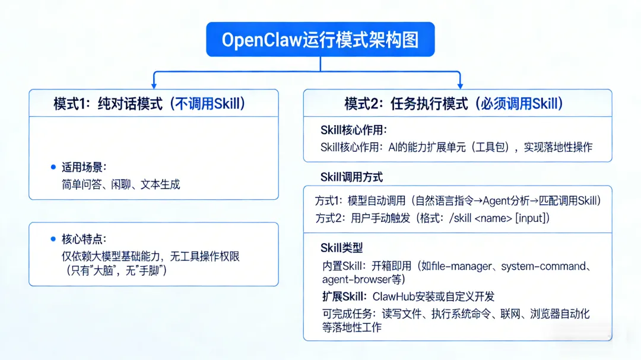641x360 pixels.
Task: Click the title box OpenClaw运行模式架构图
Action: click(320, 40)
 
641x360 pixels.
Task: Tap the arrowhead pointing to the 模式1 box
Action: click(154, 85)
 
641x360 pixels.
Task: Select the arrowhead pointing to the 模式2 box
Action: click(459, 85)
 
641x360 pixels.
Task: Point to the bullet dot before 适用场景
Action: click(53, 167)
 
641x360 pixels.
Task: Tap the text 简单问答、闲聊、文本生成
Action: click(120, 184)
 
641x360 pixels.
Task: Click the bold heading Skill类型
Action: click(341, 248)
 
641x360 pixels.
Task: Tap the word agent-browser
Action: click(354, 279)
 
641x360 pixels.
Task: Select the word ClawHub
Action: click(397, 296)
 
